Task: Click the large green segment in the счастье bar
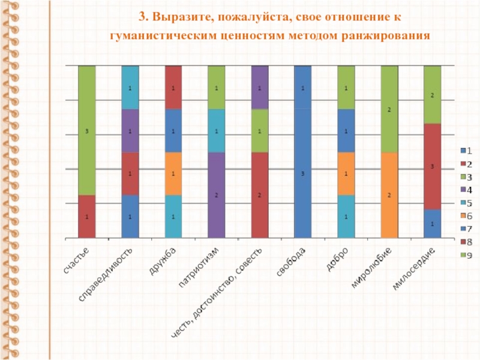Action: click(x=87, y=130)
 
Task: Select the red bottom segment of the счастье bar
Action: click(x=87, y=217)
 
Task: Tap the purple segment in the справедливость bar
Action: click(x=130, y=131)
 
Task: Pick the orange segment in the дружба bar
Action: click(x=173, y=173)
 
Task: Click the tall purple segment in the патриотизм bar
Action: click(x=217, y=195)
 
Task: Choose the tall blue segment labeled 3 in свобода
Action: click(x=303, y=173)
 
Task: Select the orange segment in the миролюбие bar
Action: click(x=389, y=195)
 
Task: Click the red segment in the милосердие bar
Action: click(x=433, y=166)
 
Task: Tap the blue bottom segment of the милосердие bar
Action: click(x=433, y=223)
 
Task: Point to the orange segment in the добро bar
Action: click(x=346, y=173)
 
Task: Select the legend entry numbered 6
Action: click(x=465, y=216)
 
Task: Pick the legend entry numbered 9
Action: click(x=465, y=256)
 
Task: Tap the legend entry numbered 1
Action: click(x=465, y=150)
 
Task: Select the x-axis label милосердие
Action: click(x=413, y=268)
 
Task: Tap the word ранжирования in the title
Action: click(x=386, y=36)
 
